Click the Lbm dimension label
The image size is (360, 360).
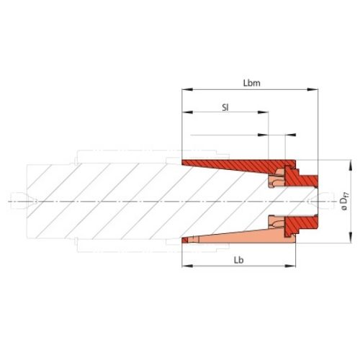[251, 83]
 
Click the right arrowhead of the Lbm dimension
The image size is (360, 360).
[314, 90]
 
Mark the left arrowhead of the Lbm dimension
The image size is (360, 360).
[184, 90]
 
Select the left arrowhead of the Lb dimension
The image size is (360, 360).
[184, 266]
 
